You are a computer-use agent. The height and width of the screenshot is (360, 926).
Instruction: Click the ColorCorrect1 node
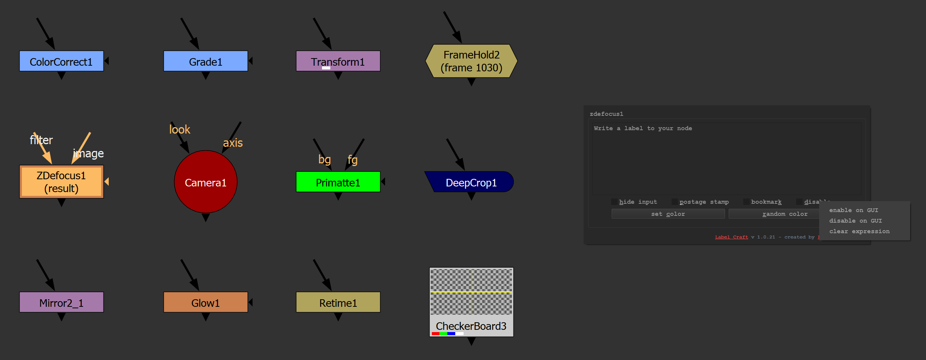[x=61, y=61]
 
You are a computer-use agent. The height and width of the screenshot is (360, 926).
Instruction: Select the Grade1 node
[x=205, y=61]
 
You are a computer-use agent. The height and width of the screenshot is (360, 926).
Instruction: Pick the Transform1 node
[x=338, y=61]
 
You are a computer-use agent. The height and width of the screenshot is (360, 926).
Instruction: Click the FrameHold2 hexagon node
[x=471, y=61]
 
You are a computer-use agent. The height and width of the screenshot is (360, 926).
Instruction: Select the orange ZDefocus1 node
[x=61, y=182]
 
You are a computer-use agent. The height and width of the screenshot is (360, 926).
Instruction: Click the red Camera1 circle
[x=205, y=182]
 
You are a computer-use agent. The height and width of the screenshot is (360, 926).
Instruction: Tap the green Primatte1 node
[x=338, y=182]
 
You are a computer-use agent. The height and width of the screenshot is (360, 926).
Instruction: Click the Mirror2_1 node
[x=61, y=302]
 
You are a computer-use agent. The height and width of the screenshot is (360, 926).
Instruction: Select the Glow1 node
[x=205, y=302]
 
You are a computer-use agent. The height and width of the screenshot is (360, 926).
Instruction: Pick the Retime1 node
[x=338, y=302]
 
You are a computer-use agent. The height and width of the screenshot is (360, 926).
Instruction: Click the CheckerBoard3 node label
[x=471, y=326]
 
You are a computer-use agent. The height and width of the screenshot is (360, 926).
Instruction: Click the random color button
[x=773, y=214]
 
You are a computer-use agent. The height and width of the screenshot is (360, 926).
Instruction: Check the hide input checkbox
[x=615, y=202]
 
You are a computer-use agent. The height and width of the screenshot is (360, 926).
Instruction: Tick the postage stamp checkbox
[x=675, y=202]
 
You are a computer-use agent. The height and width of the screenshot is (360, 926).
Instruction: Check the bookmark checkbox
[x=746, y=202]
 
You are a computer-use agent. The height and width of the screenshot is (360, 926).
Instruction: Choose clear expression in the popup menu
[x=859, y=231]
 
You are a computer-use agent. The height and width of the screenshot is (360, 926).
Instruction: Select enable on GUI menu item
[x=854, y=210]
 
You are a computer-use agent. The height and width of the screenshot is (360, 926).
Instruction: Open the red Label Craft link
[x=731, y=237]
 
